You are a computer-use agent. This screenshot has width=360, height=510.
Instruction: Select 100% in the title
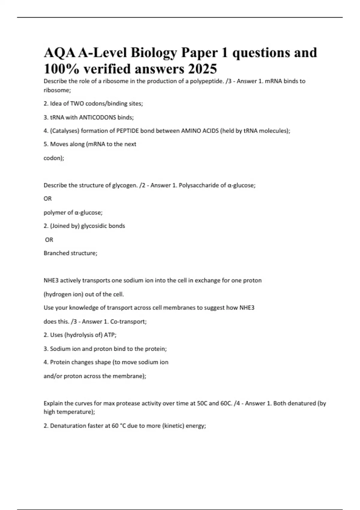pyautogui.click(x=61, y=69)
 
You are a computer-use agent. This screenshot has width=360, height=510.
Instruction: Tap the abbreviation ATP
pyautogui.click(x=110, y=335)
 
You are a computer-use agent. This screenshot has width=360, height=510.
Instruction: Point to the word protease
pyautogui.click(x=127, y=403)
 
